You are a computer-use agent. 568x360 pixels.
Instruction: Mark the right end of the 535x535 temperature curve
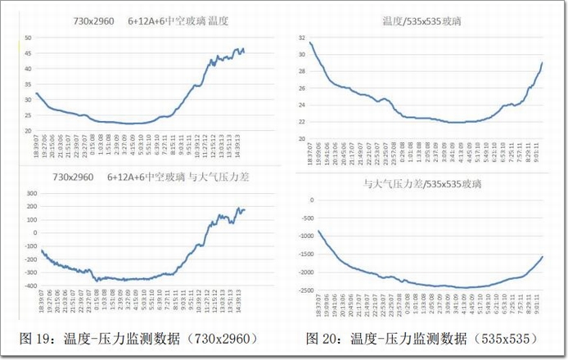pyautogui.click(x=543, y=63)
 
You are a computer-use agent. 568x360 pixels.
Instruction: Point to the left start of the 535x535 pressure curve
pyautogui.click(x=318, y=232)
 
